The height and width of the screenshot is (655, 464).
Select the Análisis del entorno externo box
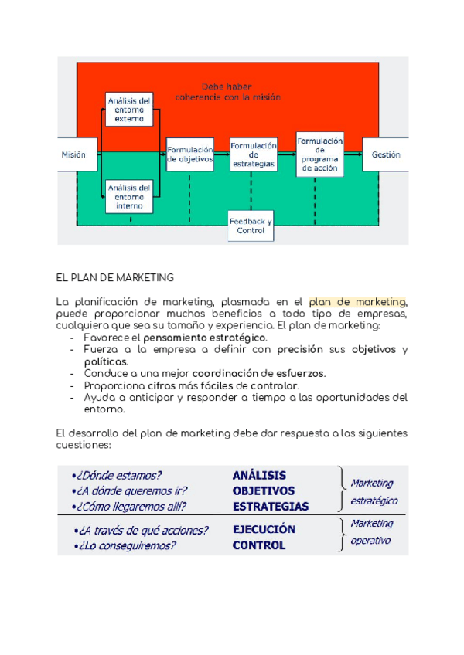128,110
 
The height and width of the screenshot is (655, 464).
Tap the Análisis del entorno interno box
128,196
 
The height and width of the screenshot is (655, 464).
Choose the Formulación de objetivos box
190,154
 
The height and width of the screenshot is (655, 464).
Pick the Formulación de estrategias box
253,154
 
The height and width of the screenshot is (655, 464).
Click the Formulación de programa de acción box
319,154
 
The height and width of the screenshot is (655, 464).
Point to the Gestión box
385,154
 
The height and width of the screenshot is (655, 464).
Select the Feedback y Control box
251,226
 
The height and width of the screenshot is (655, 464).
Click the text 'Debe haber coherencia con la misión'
227,92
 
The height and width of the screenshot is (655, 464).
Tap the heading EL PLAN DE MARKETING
115,277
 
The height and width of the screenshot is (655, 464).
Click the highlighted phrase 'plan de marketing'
357,302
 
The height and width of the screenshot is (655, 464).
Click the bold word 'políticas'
106,361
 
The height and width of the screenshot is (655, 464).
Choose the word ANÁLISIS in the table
259,476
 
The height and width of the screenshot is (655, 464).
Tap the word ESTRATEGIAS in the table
271,507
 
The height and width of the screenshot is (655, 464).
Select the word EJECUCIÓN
264,530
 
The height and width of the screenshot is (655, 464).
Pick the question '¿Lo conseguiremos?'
125,545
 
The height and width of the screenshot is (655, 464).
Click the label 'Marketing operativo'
371,532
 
